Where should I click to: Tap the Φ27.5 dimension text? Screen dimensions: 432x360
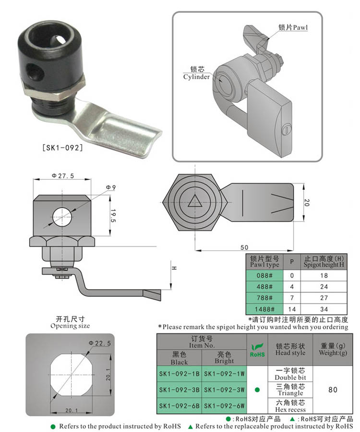[63, 176]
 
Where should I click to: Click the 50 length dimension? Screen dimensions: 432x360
[244, 247]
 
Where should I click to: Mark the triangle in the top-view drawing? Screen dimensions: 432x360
[195, 202]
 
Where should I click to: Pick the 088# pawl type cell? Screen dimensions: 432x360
[264, 276]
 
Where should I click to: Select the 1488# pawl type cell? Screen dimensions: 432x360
[264, 309]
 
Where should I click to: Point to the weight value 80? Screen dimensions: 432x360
[332, 389]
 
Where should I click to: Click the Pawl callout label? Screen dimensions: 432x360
[292, 28]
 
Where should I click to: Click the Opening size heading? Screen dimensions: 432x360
[70, 322]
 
